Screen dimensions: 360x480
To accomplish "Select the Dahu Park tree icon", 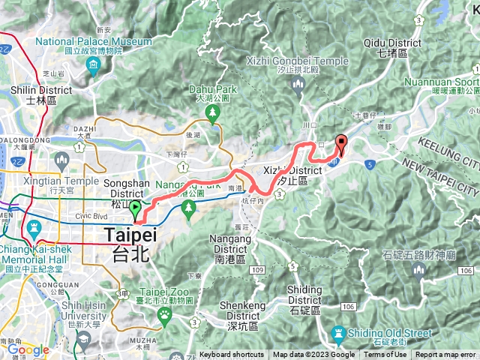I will tap(212, 112).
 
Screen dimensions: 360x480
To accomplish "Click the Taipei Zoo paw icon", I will tap(163, 317).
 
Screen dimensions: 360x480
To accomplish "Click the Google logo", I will tap(28, 349).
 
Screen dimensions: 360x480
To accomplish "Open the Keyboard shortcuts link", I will tap(232, 355).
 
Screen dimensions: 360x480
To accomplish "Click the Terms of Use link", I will tap(385, 355).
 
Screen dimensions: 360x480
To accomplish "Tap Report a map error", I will tap(445, 355).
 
